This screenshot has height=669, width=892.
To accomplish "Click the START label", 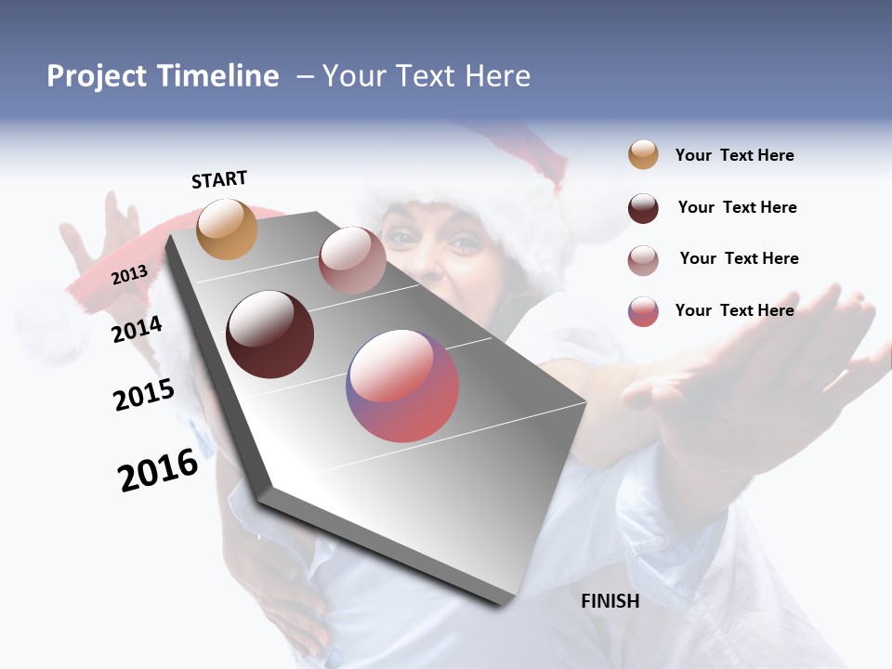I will coord(219,179).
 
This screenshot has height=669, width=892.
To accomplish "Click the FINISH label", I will coord(610,601).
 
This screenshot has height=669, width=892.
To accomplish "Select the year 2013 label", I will coord(129,274).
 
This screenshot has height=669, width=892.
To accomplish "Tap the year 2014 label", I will coord(137,330).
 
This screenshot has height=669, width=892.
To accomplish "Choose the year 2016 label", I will coord(158,470).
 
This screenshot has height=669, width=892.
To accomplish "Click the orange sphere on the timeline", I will coord(228,229).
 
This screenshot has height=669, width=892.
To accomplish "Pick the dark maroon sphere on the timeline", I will coord(270,334).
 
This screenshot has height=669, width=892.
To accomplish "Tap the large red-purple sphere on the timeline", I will coord(402,386).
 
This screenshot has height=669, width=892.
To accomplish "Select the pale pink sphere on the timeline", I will coord(352,260).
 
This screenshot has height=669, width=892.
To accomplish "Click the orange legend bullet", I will coord(643,155).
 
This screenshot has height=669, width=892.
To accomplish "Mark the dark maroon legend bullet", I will coord(643,208).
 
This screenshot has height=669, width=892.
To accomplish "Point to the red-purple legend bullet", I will coord(643,311).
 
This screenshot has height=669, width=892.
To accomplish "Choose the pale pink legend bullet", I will coord(643,259).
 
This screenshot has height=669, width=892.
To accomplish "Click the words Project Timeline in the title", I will coord(163,76).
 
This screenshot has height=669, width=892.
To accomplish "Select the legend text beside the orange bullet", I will coord(734,155).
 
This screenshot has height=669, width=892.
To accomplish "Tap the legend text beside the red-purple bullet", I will coord(734,310).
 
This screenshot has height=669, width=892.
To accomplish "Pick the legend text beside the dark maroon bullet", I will coord(737,207).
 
